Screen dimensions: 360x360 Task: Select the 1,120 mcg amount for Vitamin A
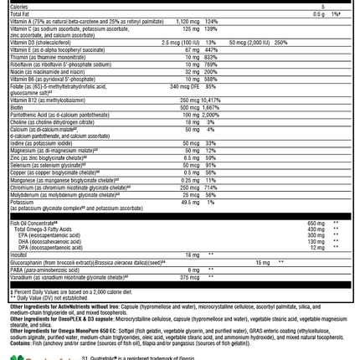[x=187, y=22]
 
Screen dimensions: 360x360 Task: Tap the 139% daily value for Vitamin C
[x=210, y=28]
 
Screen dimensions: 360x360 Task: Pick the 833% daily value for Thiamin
[x=210, y=57]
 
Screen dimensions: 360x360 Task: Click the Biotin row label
[x=18, y=107]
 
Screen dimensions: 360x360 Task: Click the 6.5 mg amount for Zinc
[x=192, y=157]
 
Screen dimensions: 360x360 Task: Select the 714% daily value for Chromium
[x=210, y=187]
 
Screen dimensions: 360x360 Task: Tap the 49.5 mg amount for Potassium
[x=191, y=202]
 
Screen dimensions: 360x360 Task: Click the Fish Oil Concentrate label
[x=33, y=223]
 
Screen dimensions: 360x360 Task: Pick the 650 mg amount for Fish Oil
[x=316, y=224]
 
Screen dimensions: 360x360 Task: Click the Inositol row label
[x=19, y=255]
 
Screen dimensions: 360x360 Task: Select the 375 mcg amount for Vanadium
[x=190, y=277]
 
